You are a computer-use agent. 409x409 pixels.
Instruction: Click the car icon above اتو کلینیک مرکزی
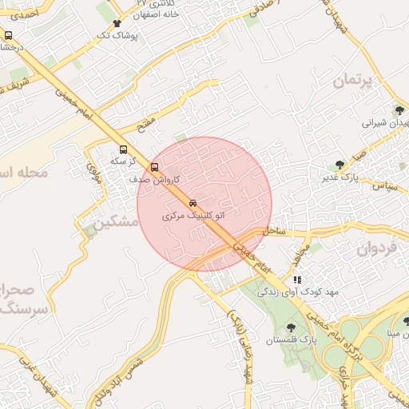(x=194, y=203)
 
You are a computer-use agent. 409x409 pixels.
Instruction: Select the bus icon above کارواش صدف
(x=154, y=168)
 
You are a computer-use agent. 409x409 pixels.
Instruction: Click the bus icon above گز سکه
(x=123, y=149)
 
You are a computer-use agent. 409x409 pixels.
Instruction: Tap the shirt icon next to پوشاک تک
(x=117, y=24)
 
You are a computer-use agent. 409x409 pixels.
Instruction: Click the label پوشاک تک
(x=117, y=36)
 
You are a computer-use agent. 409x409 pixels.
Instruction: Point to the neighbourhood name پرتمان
(x=351, y=81)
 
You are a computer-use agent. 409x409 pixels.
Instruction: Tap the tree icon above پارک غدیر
(x=341, y=164)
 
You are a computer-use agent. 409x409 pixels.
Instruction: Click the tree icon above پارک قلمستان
(x=290, y=327)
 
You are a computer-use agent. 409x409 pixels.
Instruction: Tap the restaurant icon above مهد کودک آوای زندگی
(x=297, y=280)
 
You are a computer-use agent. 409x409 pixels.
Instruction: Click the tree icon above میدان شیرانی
(x=399, y=110)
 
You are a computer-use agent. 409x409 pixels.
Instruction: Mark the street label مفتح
(x=146, y=125)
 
